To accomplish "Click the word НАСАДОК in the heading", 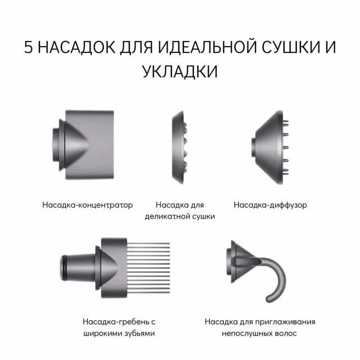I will click(76, 47).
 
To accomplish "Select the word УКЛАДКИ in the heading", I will click(180, 73).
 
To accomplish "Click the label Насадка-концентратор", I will click(88, 205).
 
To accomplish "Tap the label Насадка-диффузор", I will click(271, 205).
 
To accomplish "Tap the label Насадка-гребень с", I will click(119, 322).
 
